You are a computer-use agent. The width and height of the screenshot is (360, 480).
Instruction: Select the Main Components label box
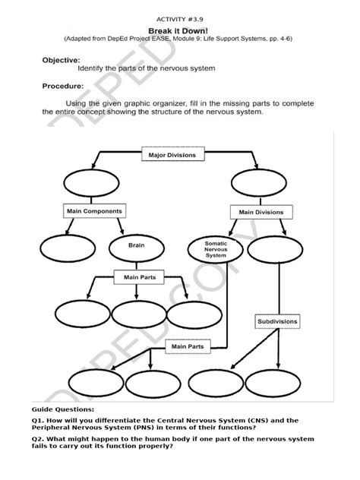(93, 210)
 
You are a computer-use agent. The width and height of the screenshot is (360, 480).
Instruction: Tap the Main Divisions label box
(261, 212)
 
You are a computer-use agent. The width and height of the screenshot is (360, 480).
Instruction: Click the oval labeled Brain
(135, 246)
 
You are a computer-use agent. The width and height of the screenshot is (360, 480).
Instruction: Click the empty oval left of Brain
(65, 247)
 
